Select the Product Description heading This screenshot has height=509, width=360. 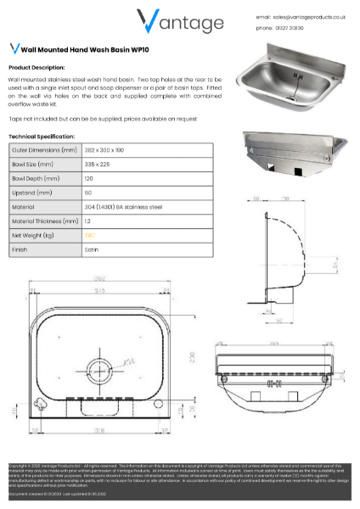coord(37,66)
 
